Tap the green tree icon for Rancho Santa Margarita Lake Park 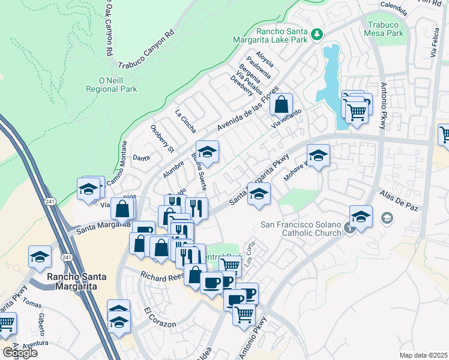pyautogui.click(x=318, y=35)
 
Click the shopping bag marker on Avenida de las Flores pyautogui.click(x=281, y=105)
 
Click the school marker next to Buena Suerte pyautogui.click(x=207, y=153)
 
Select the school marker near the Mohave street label pyautogui.click(x=318, y=156)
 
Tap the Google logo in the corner pyautogui.click(x=19, y=352)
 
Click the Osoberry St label pyautogui.click(x=162, y=138)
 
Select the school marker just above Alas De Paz pyautogui.click(x=361, y=217)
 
